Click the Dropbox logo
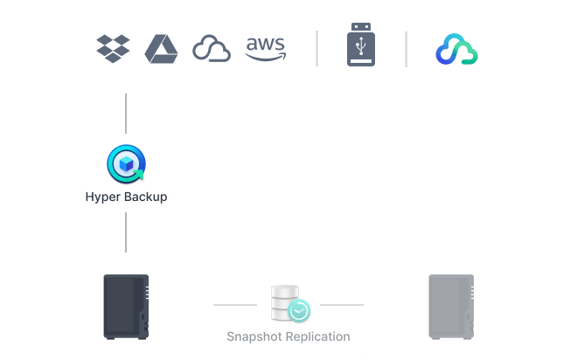(x=113, y=48)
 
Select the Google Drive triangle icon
(x=161, y=48)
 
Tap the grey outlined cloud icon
(x=211, y=49)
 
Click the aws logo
(x=265, y=49)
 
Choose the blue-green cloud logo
(x=456, y=50)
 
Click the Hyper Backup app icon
(x=126, y=164)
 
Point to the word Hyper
(x=104, y=197)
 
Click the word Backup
(x=145, y=197)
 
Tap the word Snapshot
(x=254, y=336)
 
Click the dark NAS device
(x=126, y=306)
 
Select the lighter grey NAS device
(x=450, y=306)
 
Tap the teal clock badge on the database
(x=300, y=310)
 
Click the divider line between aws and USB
(x=316, y=49)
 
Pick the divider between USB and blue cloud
(x=406, y=49)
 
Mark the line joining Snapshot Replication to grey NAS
(x=341, y=306)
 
